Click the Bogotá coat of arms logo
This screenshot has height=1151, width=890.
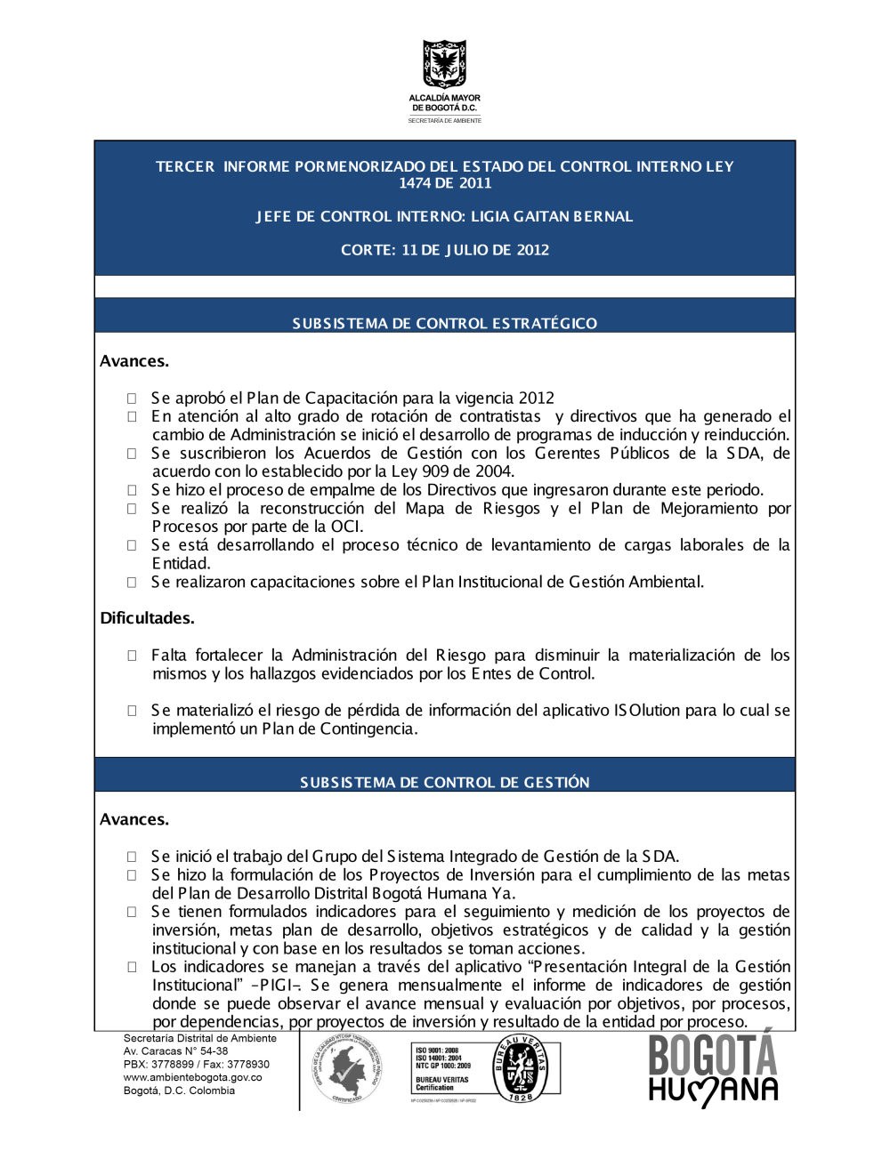point(444,63)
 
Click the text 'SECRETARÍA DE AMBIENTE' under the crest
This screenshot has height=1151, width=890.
point(444,120)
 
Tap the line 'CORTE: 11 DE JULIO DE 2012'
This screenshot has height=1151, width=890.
point(445,250)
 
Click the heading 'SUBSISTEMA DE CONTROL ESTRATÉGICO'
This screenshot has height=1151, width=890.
point(445,323)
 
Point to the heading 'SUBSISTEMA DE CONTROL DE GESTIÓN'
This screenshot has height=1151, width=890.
point(445,782)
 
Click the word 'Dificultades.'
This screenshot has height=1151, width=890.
point(147,618)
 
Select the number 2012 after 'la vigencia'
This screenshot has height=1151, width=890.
point(536,398)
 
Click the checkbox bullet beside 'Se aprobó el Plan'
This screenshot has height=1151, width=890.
point(132,398)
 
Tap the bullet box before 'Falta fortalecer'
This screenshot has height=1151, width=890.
point(132,656)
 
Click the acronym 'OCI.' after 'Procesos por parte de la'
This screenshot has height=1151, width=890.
point(347,526)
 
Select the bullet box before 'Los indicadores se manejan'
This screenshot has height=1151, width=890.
point(132,967)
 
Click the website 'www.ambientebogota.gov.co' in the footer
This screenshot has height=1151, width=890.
point(192,1077)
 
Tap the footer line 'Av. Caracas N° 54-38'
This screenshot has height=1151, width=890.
point(175,1050)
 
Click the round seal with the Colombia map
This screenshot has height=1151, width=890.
point(347,1070)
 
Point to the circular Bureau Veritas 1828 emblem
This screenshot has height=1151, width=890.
point(521,1068)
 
